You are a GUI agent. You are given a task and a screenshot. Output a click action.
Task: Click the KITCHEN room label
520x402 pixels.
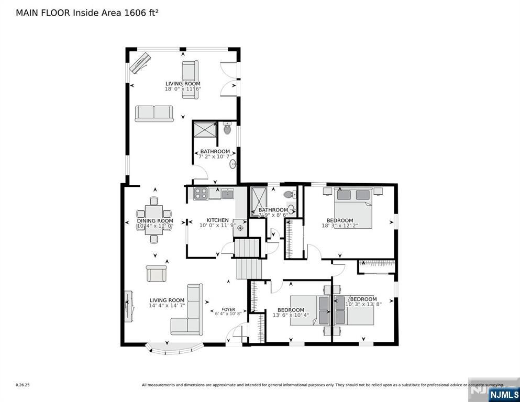coord(217,220)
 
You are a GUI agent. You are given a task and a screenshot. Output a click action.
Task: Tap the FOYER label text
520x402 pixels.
coord(228,309)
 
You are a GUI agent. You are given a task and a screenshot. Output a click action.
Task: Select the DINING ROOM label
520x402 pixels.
coord(155,221)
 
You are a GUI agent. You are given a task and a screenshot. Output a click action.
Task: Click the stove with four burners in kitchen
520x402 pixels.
coord(201,193)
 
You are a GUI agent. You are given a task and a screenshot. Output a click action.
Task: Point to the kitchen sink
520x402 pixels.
coord(227,194)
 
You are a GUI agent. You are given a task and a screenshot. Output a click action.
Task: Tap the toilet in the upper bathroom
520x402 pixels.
coord(227,128)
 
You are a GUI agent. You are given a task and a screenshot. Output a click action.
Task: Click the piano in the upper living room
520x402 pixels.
coord(139,62)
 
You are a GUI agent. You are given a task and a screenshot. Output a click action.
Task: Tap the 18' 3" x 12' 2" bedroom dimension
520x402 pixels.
coord(340,226)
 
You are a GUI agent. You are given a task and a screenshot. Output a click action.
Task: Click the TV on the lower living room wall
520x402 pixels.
coord(127,306)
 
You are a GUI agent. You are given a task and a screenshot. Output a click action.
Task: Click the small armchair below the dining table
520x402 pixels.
coord(156,273)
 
